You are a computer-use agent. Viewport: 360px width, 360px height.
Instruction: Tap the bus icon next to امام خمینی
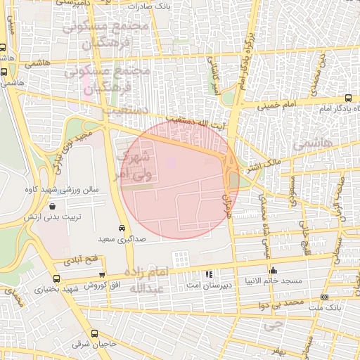pyautogui.click(x=349, y=98)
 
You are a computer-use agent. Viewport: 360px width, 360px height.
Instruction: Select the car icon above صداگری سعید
pyautogui.click(x=122, y=229)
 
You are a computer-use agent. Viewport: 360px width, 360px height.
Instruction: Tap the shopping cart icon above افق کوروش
pyautogui.click(x=103, y=274)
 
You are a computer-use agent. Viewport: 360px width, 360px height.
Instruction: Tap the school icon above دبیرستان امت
pyautogui.click(x=207, y=274)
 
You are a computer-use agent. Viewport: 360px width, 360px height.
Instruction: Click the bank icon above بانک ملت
pyautogui.click(x=324, y=297)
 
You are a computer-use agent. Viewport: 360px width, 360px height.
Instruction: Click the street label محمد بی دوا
pyautogui.click(x=281, y=303)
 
